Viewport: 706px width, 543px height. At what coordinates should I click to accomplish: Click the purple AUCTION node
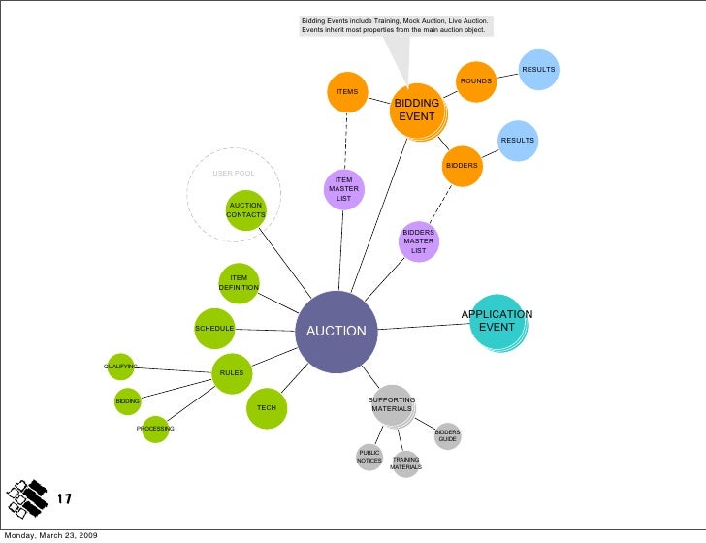tap(337, 332)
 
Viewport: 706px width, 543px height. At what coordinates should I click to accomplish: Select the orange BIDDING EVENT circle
tap(417, 111)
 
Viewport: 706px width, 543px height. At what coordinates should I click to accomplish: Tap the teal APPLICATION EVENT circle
tap(498, 322)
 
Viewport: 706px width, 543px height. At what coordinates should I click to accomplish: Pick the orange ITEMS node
tap(347, 92)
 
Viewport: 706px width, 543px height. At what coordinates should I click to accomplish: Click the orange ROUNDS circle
tap(476, 81)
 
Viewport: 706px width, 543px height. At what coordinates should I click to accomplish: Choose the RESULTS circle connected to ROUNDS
tap(538, 70)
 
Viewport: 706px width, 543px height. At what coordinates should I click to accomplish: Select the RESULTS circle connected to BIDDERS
tap(518, 141)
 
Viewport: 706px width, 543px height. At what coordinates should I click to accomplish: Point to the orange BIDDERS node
tap(462, 166)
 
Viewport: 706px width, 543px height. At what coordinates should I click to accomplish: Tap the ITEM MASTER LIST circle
tap(344, 189)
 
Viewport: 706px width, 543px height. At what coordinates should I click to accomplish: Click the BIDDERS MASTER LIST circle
tap(419, 241)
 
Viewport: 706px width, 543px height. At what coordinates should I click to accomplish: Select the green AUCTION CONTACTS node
tap(246, 210)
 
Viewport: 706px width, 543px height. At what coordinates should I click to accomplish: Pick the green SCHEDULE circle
tap(214, 329)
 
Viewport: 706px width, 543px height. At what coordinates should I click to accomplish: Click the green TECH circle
tap(267, 408)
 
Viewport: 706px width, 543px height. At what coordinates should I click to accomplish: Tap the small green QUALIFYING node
tap(120, 367)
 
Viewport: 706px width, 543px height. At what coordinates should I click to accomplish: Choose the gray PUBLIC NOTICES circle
tap(369, 457)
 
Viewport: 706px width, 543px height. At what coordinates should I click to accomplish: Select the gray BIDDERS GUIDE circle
tap(448, 435)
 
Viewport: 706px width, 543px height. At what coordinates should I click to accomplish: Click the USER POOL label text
tap(234, 174)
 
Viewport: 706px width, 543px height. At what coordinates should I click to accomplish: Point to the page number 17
tap(64, 498)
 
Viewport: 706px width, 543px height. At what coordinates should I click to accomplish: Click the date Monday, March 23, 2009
tap(50, 536)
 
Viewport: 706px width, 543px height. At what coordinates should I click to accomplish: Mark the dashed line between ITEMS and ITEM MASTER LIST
tap(346, 141)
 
